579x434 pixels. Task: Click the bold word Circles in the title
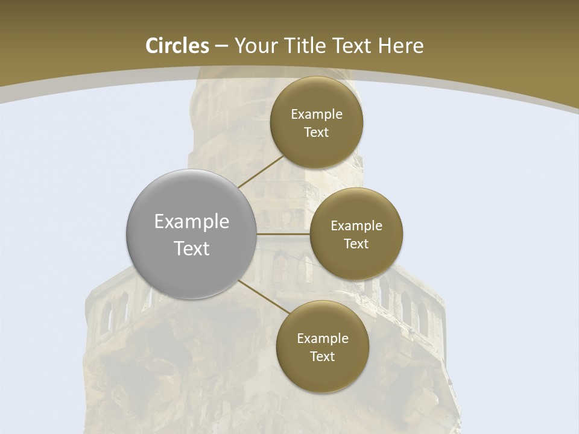(x=177, y=46)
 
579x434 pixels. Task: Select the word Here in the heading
(x=401, y=46)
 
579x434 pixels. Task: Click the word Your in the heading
(x=256, y=46)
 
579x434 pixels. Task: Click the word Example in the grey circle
(x=192, y=222)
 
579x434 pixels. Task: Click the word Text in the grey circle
(x=192, y=248)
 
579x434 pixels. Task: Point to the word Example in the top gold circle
(x=317, y=115)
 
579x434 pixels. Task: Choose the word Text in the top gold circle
(x=317, y=133)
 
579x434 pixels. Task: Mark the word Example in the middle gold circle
(x=356, y=226)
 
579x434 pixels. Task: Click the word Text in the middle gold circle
(x=356, y=244)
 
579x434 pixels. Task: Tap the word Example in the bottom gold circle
(x=323, y=339)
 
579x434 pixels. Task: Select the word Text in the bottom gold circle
(x=323, y=357)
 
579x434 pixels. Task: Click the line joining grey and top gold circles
(x=261, y=172)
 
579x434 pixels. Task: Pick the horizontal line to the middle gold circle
(x=283, y=233)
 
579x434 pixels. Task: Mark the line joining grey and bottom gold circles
(x=264, y=297)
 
